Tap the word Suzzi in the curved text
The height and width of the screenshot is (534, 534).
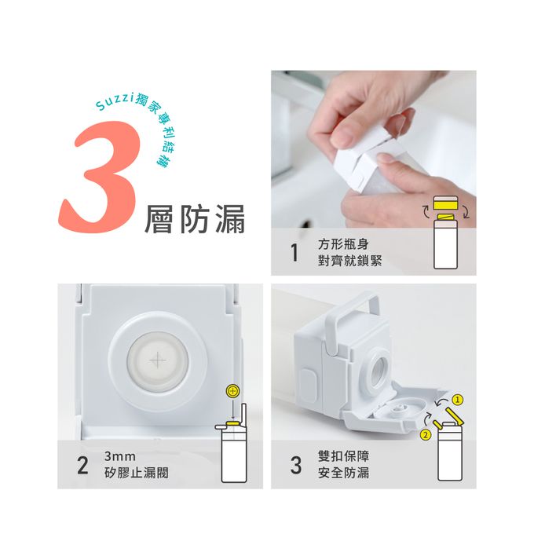coord(114,101)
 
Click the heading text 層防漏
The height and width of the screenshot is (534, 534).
coord(195,219)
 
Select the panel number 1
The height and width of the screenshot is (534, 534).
coord(294,253)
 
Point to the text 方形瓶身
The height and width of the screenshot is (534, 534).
coord(343,244)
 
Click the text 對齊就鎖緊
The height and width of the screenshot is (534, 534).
coord(349,261)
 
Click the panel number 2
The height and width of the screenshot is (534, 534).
coord(82,465)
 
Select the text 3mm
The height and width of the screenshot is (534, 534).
coord(120,456)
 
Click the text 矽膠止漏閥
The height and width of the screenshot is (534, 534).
coord(137,473)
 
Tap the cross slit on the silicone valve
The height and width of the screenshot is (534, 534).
coord(158,360)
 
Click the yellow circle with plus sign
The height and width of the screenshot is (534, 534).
coord(233,391)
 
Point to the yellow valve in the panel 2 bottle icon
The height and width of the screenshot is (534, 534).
coord(234,423)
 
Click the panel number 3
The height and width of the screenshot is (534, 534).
coord(296,465)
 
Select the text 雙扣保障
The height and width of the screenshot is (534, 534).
coord(343,456)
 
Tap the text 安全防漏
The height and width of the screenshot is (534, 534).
coord(343,473)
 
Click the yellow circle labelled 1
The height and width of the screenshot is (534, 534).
coord(458,400)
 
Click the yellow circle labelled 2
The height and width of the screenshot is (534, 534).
coord(426,434)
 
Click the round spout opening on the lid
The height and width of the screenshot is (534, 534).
coord(379,368)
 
